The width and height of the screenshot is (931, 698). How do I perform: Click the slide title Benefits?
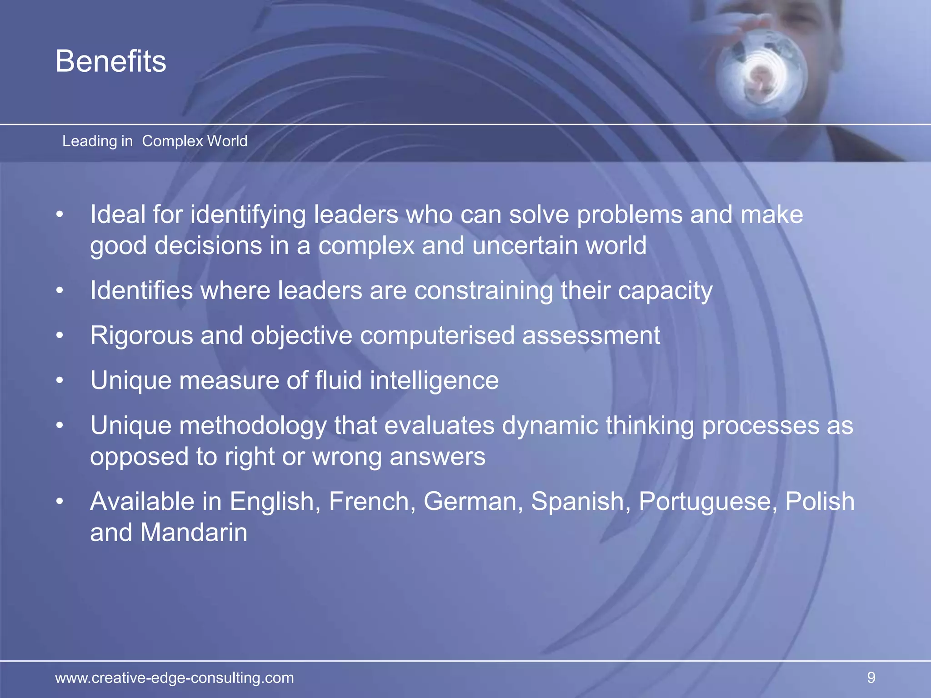point(111,61)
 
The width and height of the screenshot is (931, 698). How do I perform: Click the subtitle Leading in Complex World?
point(155,141)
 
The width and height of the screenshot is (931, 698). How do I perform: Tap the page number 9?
point(871,678)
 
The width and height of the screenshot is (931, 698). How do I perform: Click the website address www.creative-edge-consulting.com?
point(175,678)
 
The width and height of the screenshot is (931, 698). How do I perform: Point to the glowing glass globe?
point(761,73)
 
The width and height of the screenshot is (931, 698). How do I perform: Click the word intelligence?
point(434,380)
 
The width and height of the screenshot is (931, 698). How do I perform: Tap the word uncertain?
point(525,245)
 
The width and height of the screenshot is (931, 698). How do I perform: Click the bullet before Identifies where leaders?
point(60,290)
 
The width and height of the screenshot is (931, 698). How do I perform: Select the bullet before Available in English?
point(60,501)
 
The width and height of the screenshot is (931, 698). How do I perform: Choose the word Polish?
point(820,501)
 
